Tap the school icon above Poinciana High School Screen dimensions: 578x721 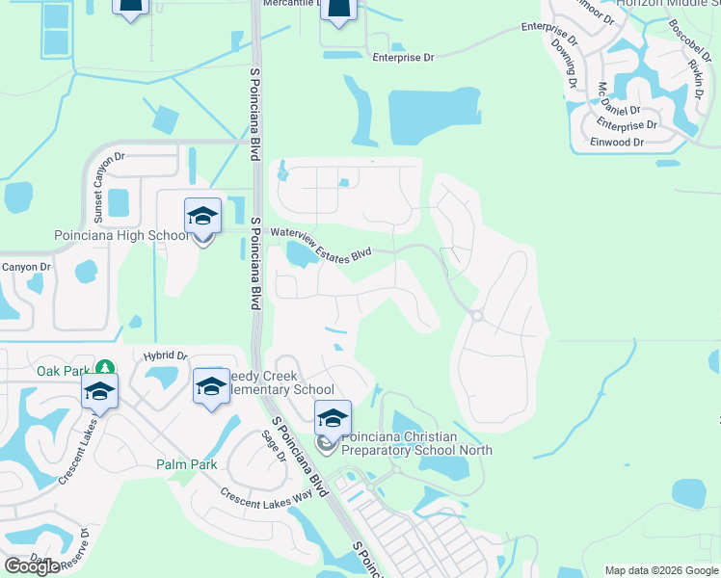click(x=202, y=216)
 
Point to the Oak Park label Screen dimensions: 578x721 click(x=63, y=370)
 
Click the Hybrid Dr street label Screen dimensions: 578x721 click(x=163, y=355)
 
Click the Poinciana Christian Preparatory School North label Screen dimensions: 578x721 click(x=416, y=443)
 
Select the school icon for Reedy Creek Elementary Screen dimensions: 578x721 click(x=210, y=388)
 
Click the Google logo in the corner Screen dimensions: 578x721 click(x=32, y=566)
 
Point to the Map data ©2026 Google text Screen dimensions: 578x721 click(x=660, y=570)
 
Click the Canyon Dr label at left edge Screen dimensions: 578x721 click(x=25, y=267)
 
